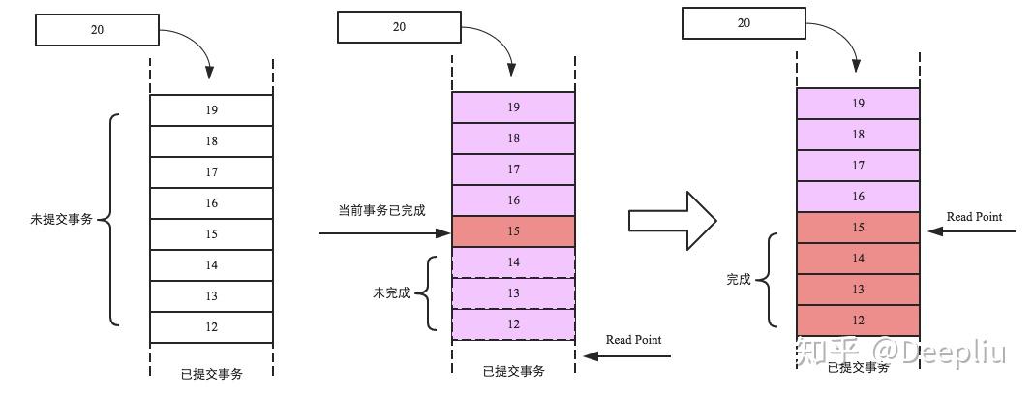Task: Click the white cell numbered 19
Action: (x=211, y=110)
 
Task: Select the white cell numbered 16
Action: (x=211, y=203)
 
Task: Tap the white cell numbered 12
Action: (x=211, y=327)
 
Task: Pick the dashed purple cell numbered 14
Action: (x=513, y=262)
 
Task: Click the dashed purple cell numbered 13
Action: (x=513, y=293)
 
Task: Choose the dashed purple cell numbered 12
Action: (x=513, y=324)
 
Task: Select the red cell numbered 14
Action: (x=858, y=259)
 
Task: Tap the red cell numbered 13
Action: (x=858, y=290)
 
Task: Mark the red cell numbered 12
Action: (x=858, y=321)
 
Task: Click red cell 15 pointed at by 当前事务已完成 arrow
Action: (x=513, y=231)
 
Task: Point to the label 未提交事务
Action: (x=62, y=220)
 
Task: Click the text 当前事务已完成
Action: (x=381, y=210)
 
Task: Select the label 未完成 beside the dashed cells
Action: (x=392, y=292)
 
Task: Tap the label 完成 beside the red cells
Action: (x=739, y=279)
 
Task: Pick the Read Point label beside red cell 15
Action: (x=974, y=217)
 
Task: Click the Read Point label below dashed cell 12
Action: (x=633, y=340)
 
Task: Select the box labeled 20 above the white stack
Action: (x=97, y=30)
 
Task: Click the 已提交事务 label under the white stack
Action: (x=211, y=375)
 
